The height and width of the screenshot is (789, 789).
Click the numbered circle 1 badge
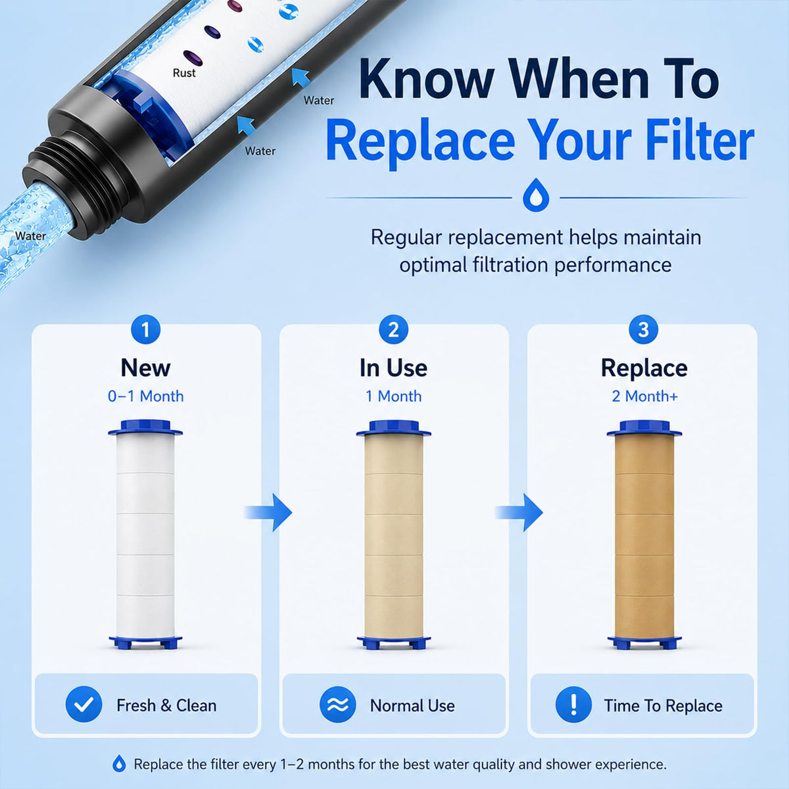pyautogui.click(x=145, y=329)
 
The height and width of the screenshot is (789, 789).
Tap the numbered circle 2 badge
pyautogui.click(x=393, y=329)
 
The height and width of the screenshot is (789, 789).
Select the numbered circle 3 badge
pyautogui.click(x=643, y=329)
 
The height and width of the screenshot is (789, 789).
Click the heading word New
pyautogui.click(x=145, y=368)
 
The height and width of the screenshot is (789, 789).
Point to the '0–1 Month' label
pyautogui.click(x=145, y=396)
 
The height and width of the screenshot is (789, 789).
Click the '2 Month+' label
pyautogui.click(x=645, y=396)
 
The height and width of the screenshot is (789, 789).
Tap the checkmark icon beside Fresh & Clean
pyautogui.click(x=84, y=704)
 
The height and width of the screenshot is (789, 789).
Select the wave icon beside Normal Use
pyautogui.click(x=338, y=704)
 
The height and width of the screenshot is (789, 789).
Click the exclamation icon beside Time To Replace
pyautogui.click(x=573, y=704)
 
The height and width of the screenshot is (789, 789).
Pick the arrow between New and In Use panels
pyautogui.click(x=268, y=512)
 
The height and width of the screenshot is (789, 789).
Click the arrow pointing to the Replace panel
pyautogui.click(x=519, y=512)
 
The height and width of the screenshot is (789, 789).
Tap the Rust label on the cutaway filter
pyautogui.click(x=184, y=73)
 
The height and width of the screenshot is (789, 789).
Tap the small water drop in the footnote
pyautogui.click(x=119, y=763)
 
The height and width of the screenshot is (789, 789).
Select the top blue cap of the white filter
pyautogui.click(x=145, y=428)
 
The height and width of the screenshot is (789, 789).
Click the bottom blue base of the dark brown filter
pyautogui.click(x=644, y=642)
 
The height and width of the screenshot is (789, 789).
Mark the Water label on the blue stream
pyautogui.click(x=31, y=236)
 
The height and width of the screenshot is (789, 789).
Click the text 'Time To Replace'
pyautogui.click(x=663, y=705)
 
